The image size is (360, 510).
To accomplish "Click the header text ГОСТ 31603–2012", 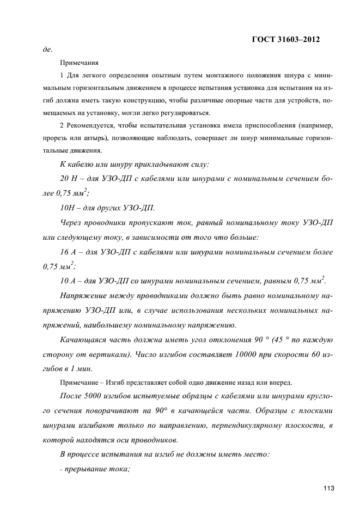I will click(x=285, y=39).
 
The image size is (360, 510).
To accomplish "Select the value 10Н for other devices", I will click(x=67, y=208).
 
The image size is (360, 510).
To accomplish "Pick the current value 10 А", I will click(x=69, y=281).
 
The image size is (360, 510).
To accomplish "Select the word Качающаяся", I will click(x=84, y=339).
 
